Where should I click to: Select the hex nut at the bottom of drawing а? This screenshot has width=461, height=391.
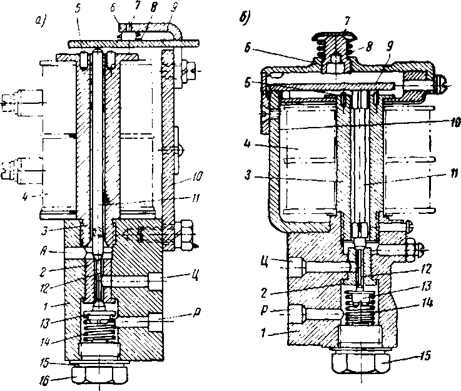tap(101, 374)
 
